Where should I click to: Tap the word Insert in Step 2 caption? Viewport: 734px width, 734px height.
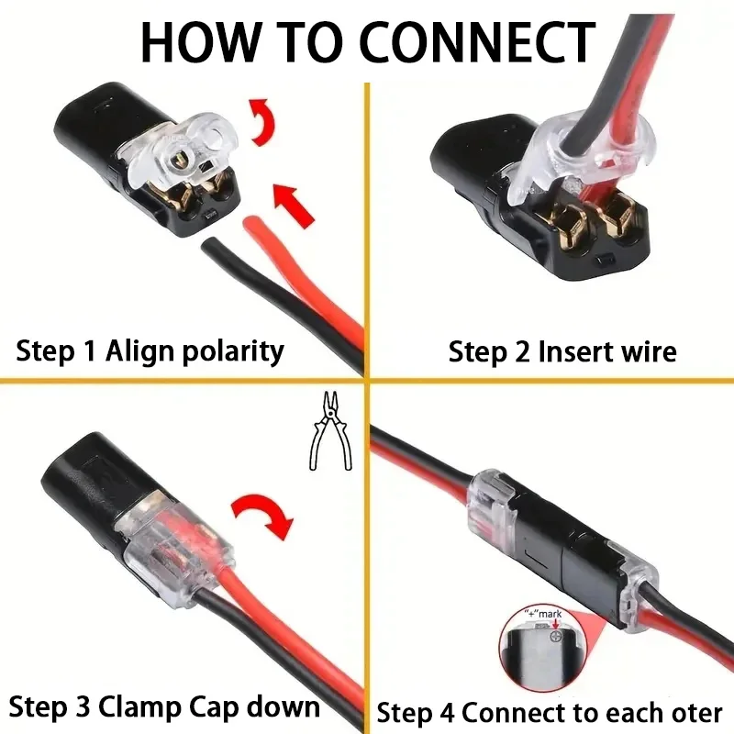click(x=574, y=351)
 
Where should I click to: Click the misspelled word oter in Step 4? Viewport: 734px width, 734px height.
click(x=695, y=712)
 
